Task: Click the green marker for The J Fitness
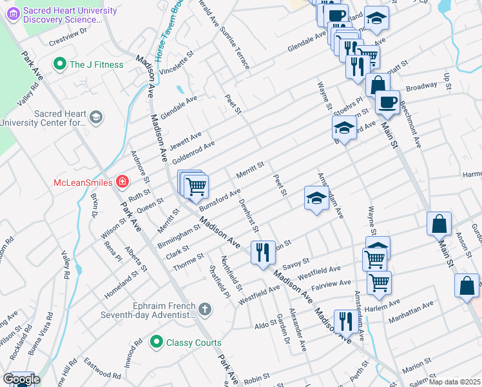(x=61, y=64)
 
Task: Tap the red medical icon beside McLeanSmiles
(x=121, y=183)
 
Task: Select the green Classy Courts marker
(x=155, y=342)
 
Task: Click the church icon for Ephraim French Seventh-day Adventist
(x=205, y=310)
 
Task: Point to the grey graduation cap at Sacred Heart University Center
(x=96, y=117)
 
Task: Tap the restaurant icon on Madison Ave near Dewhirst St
(x=262, y=252)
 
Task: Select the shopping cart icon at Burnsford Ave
(x=196, y=188)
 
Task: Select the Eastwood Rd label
(x=102, y=370)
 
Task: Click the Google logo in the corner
(x=21, y=379)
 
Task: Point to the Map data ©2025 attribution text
(x=454, y=382)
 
